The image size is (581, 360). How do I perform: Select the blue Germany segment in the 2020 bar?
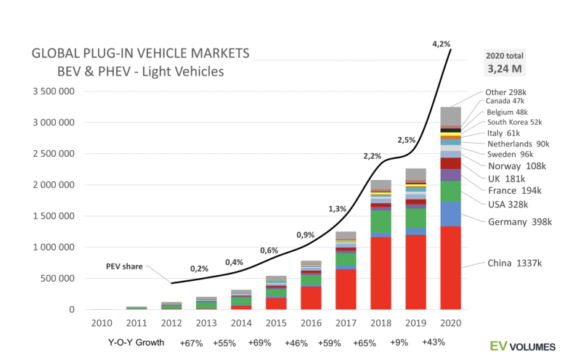tap(450, 213)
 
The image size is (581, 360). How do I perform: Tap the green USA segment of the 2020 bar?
tap(450, 191)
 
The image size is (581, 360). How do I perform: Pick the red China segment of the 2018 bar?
tap(380, 272)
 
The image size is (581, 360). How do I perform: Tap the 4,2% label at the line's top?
tap(441, 44)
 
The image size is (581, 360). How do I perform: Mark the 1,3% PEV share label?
tap(337, 208)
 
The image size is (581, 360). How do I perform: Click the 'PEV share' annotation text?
tap(125, 266)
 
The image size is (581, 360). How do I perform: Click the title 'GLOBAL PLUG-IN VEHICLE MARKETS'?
tap(140, 54)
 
